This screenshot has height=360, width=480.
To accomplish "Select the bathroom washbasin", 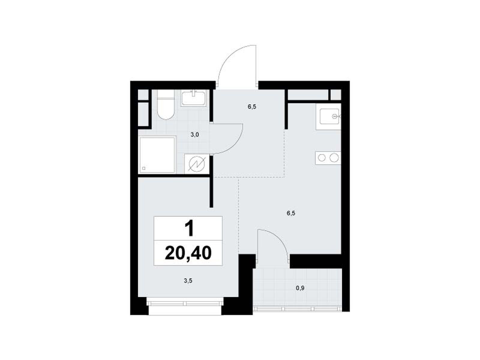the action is click(x=193, y=98).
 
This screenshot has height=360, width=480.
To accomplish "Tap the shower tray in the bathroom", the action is click(x=157, y=154).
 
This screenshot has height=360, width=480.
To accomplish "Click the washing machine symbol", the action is click(x=197, y=164).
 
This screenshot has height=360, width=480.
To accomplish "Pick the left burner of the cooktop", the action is click(x=322, y=157).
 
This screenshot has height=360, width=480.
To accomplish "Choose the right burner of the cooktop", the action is click(x=334, y=157).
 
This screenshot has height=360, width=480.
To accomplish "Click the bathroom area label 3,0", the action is click(x=194, y=135).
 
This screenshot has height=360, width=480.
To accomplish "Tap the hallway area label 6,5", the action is click(x=252, y=107).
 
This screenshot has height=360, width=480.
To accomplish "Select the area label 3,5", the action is click(x=188, y=281).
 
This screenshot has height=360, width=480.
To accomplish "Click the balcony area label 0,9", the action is click(x=300, y=288).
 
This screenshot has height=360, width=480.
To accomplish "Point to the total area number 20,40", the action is click(x=188, y=253).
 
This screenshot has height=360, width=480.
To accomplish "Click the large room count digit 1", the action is click(x=189, y=228).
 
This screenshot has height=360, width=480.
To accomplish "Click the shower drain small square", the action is click(x=144, y=168).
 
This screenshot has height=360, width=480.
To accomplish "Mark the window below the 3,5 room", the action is click(x=185, y=303).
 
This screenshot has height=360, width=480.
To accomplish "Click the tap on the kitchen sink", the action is click(x=335, y=116).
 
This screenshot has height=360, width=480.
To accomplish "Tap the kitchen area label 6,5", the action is click(x=291, y=213).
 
